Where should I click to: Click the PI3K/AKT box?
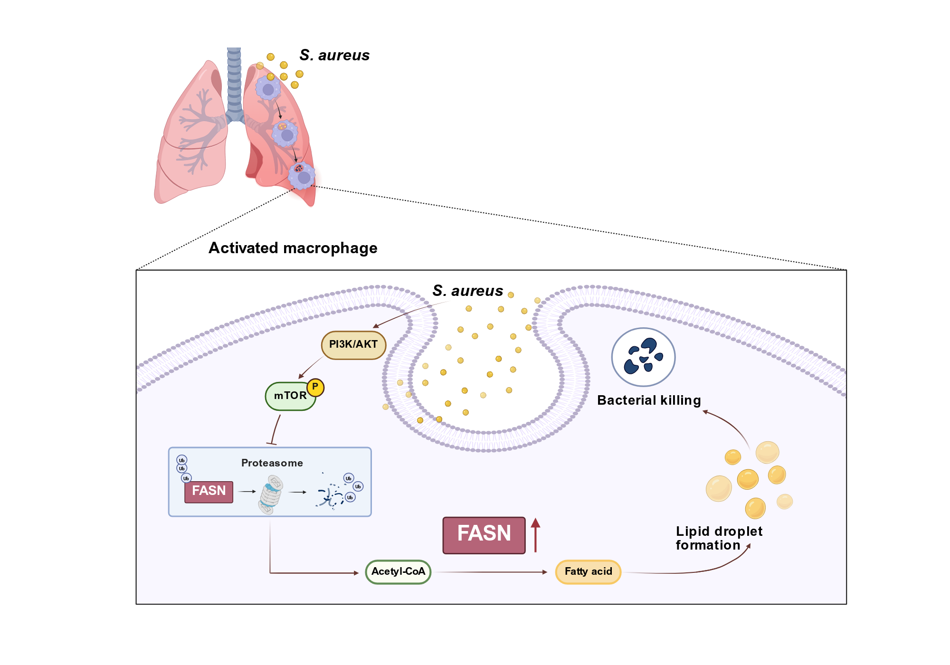click(353, 345)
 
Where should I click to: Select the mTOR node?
click(290, 396)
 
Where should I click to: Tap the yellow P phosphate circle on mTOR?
click(315, 388)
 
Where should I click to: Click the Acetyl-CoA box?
click(398, 572)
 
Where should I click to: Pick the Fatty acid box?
click(588, 572)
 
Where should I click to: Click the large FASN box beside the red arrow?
click(484, 535)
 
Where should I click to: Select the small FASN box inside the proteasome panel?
click(209, 491)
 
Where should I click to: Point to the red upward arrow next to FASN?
click(535, 535)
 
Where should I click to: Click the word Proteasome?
click(272, 463)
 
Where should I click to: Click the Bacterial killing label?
click(649, 400)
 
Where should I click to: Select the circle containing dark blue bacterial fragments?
click(644, 357)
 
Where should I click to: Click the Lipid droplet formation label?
click(719, 538)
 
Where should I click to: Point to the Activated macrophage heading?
click(293, 248)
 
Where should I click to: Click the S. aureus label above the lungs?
click(334, 55)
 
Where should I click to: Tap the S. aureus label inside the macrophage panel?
click(468, 291)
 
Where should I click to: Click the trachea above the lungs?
click(234, 83)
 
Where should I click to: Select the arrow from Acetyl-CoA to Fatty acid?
click(491, 572)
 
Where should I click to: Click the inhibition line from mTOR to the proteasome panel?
click(275, 430)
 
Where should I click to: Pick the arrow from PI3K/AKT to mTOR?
click(310, 368)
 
